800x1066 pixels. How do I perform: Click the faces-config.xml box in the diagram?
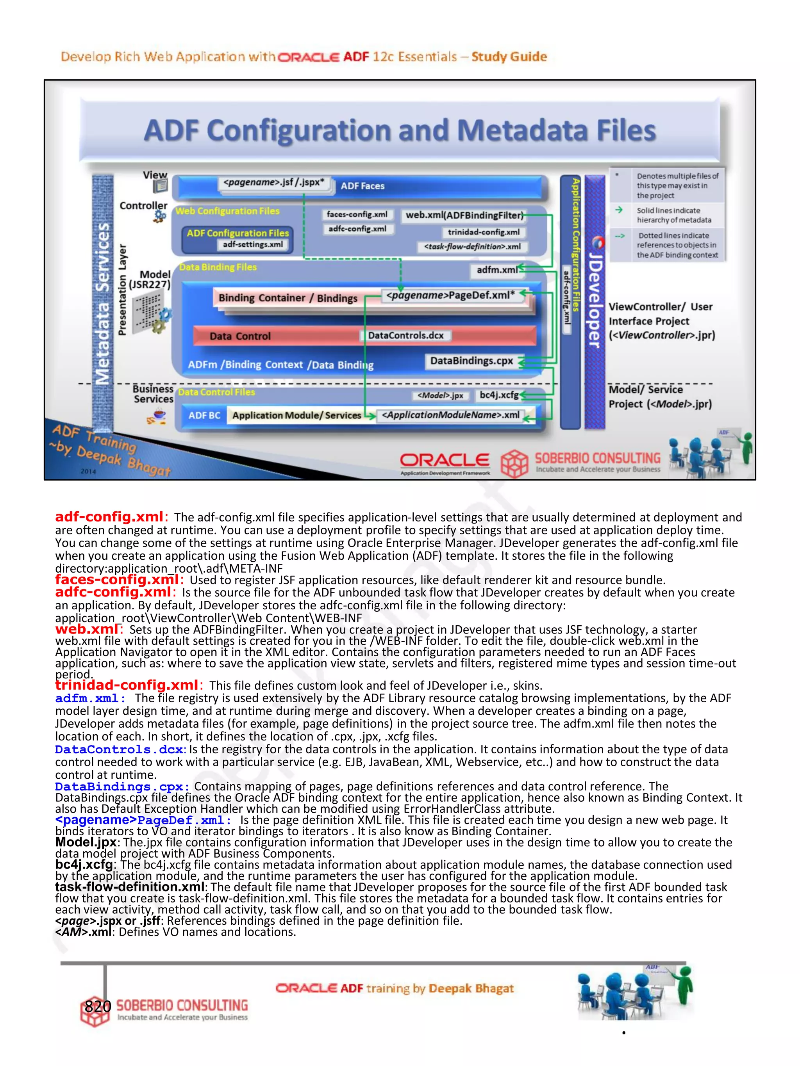tap(357, 214)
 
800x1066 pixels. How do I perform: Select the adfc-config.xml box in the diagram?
tap(357, 229)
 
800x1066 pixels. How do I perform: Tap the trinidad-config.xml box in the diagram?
tap(483, 232)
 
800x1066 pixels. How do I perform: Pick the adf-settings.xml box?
tap(253, 244)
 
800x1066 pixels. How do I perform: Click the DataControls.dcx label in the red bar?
tap(405, 335)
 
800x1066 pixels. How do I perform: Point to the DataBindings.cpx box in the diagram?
tap(471, 361)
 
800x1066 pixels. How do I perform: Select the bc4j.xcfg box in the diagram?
tap(498, 395)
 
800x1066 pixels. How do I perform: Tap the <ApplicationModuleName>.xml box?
tap(450, 415)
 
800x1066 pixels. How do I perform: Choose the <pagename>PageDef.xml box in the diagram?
tap(450, 295)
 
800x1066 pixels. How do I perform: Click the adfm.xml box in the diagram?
tap(497, 270)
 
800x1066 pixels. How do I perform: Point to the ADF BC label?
tap(204, 415)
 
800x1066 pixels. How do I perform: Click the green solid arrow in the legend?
tap(619, 210)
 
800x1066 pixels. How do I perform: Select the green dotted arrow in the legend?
tap(620, 236)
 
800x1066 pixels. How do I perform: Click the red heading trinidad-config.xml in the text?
tap(126, 685)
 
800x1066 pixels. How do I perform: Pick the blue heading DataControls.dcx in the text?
tap(119, 749)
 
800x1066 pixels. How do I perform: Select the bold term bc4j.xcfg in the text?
tap(84, 865)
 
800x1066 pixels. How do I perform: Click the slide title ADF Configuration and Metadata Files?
tap(400, 131)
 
